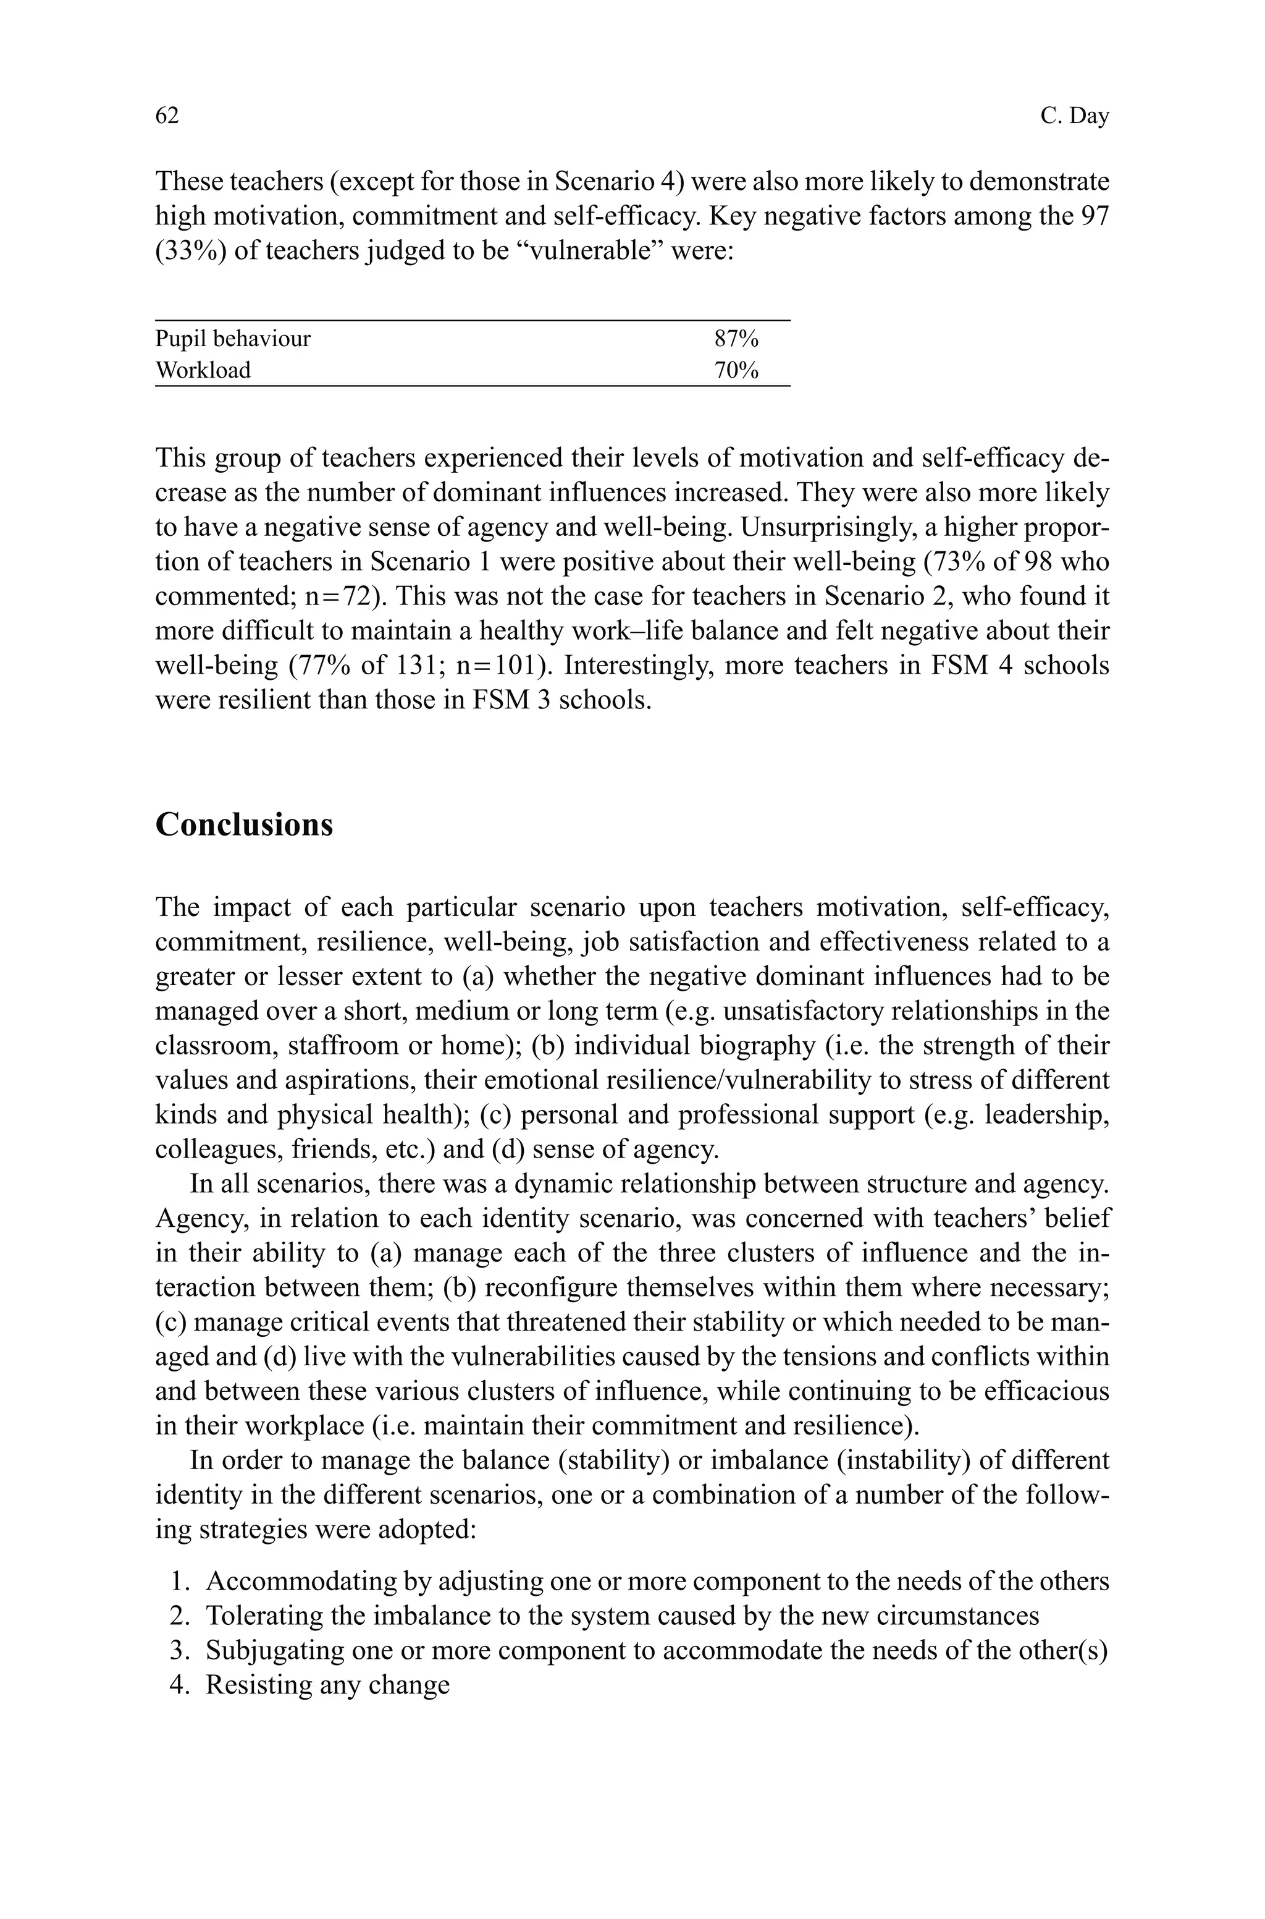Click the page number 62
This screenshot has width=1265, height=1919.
[166, 116]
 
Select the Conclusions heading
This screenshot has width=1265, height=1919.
[243, 824]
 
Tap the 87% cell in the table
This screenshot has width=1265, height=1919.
[736, 338]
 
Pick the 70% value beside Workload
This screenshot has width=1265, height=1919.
[736, 370]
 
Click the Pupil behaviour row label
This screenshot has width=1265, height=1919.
[232, 338]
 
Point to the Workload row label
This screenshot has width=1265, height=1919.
[203, 370]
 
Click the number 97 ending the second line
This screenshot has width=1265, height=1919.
[1093, 216]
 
